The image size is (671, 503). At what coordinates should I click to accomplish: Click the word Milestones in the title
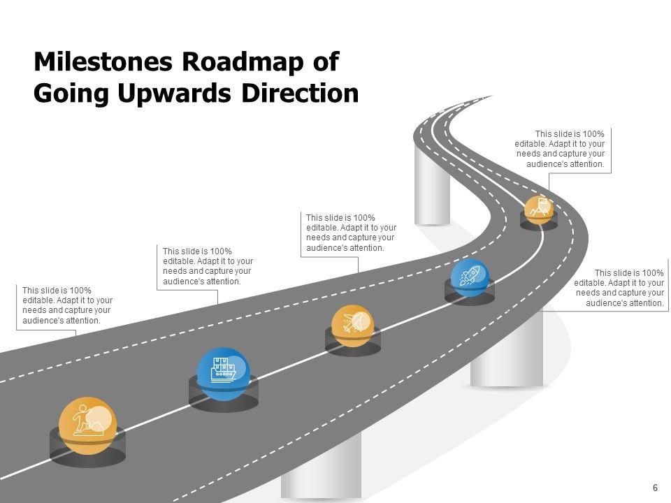103,62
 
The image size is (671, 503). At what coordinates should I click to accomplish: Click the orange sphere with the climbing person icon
88,425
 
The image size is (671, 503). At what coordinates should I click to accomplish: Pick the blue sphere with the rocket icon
470,277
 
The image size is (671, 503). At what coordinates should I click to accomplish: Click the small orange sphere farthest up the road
539,209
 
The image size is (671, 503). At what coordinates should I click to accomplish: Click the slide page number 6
655,488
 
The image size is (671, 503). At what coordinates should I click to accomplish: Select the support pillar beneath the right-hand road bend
507,353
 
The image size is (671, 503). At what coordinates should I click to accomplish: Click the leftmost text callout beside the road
66,305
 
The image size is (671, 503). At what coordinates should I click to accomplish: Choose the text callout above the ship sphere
207,266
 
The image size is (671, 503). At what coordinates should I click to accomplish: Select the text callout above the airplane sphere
351,233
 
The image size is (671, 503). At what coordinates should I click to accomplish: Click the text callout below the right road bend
619,288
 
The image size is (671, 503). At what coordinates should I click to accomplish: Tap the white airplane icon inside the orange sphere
352,323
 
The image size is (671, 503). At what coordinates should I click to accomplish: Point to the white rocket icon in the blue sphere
469,276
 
